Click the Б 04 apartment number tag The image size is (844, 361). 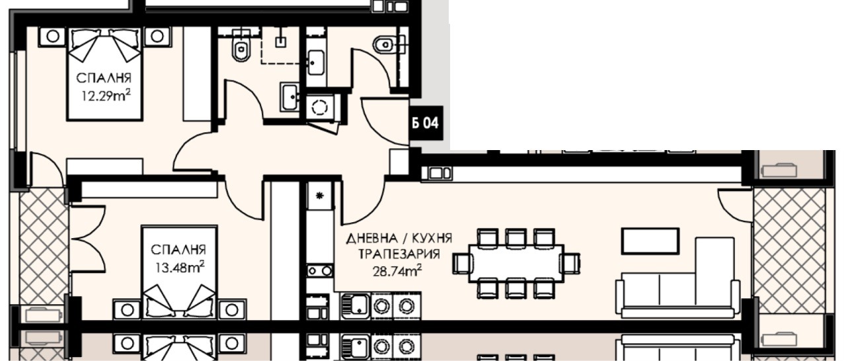(426, 123)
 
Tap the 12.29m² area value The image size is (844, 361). (106, 96)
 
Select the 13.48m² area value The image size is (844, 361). (180, 267)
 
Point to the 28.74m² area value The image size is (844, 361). (397, 270)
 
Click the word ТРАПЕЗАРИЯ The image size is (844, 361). (399, 255)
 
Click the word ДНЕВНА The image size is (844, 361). (372, 238)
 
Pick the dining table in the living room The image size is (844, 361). (516, 263)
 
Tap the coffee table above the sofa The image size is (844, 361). (650, 241)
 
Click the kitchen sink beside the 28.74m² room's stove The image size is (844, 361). (356, 306)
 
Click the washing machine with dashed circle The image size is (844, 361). (321, 108)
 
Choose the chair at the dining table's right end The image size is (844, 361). (570, 263)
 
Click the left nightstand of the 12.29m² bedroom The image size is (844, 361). (53, 36)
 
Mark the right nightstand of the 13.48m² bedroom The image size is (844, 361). (232, 309)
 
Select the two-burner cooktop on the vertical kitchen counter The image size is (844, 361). (320, 271)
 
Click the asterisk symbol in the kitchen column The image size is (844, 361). (320, 195)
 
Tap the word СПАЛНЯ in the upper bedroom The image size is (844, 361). (104, 79)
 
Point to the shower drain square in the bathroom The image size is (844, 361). (280, 42)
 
